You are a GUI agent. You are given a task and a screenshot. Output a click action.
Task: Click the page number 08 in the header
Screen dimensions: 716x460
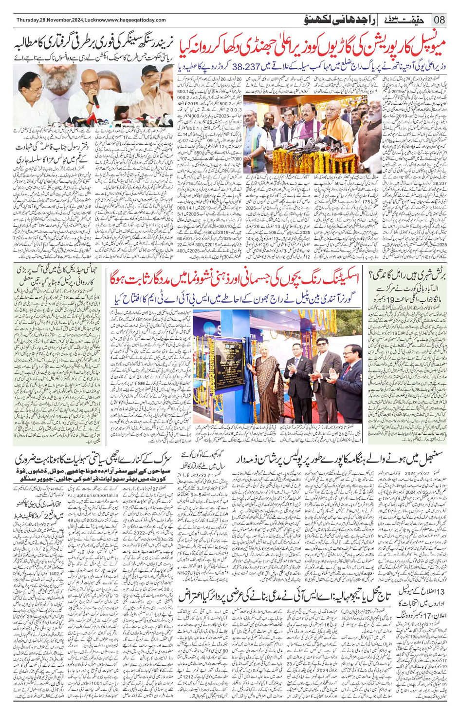(x=440, y=20)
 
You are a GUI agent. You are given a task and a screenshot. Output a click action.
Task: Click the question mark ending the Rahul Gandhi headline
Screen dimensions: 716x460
(x=372, y=273)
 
